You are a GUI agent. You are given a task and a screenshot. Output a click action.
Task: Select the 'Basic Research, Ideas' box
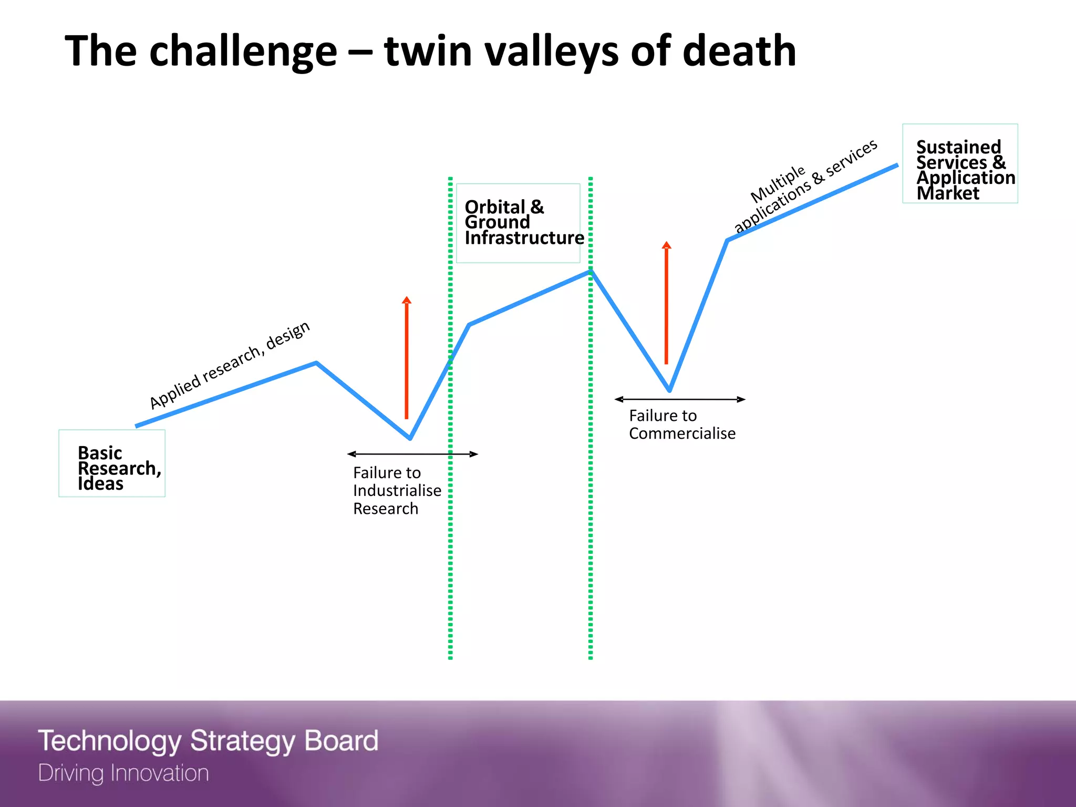(112, 463)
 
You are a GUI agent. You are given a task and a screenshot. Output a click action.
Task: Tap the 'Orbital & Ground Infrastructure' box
(518, 223)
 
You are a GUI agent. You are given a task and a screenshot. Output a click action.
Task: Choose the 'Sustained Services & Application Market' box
(960, 163)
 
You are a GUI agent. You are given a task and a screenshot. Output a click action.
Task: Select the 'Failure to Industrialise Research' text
(397, 491)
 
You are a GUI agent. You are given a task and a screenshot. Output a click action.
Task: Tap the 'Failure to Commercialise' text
(682, 425)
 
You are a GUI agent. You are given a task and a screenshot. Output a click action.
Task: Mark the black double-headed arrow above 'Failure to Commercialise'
(680, 399)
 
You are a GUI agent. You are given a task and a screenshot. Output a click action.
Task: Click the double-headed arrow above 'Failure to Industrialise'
(412, 454)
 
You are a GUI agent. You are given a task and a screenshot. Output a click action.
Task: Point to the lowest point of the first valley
(410, 438)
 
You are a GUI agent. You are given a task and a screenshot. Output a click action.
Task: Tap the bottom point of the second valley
(669, 390)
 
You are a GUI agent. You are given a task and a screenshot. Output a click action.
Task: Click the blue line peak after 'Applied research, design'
(316, 363)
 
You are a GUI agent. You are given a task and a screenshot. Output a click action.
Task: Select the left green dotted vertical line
(450, 552)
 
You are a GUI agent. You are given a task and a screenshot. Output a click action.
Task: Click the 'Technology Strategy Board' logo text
(208, 741)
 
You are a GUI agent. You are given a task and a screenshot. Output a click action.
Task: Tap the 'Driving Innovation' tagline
(123, 773)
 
